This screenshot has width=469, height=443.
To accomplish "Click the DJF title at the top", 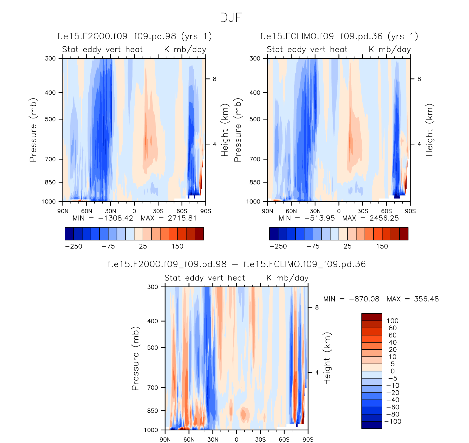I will (231, 18).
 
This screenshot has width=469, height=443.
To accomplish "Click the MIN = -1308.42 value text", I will (103, 218).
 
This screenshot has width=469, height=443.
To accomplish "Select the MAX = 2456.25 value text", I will (371, 218).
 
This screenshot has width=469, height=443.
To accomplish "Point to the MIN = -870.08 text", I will (351, 299).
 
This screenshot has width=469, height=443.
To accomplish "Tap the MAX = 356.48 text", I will (413, 299).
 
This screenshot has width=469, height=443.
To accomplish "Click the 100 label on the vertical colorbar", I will (392, 321).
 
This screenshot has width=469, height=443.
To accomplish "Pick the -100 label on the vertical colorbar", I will (393, 422).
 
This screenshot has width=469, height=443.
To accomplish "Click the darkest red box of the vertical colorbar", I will (372, 317).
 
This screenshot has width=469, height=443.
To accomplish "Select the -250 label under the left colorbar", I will (74, 246).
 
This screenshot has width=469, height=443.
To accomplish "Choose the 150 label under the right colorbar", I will (382, 246).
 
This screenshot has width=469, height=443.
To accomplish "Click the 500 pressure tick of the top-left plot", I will (50, 119).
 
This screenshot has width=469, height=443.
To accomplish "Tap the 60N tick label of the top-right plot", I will (291, 211).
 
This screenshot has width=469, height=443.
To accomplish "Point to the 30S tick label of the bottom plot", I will (260, 439).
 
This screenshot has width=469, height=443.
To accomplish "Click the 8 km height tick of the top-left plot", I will (214, 79).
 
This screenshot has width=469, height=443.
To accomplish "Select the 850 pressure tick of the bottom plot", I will (152, 411).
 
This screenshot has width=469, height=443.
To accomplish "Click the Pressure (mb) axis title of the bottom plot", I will (135, 358).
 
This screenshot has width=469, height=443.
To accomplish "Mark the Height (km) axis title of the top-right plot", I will (429, 130).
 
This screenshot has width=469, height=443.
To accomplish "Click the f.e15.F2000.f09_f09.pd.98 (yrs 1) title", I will (134, 36).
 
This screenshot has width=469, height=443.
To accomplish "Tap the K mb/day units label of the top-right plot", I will (390, 49).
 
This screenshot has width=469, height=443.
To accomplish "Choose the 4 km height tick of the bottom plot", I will (317, 373).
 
